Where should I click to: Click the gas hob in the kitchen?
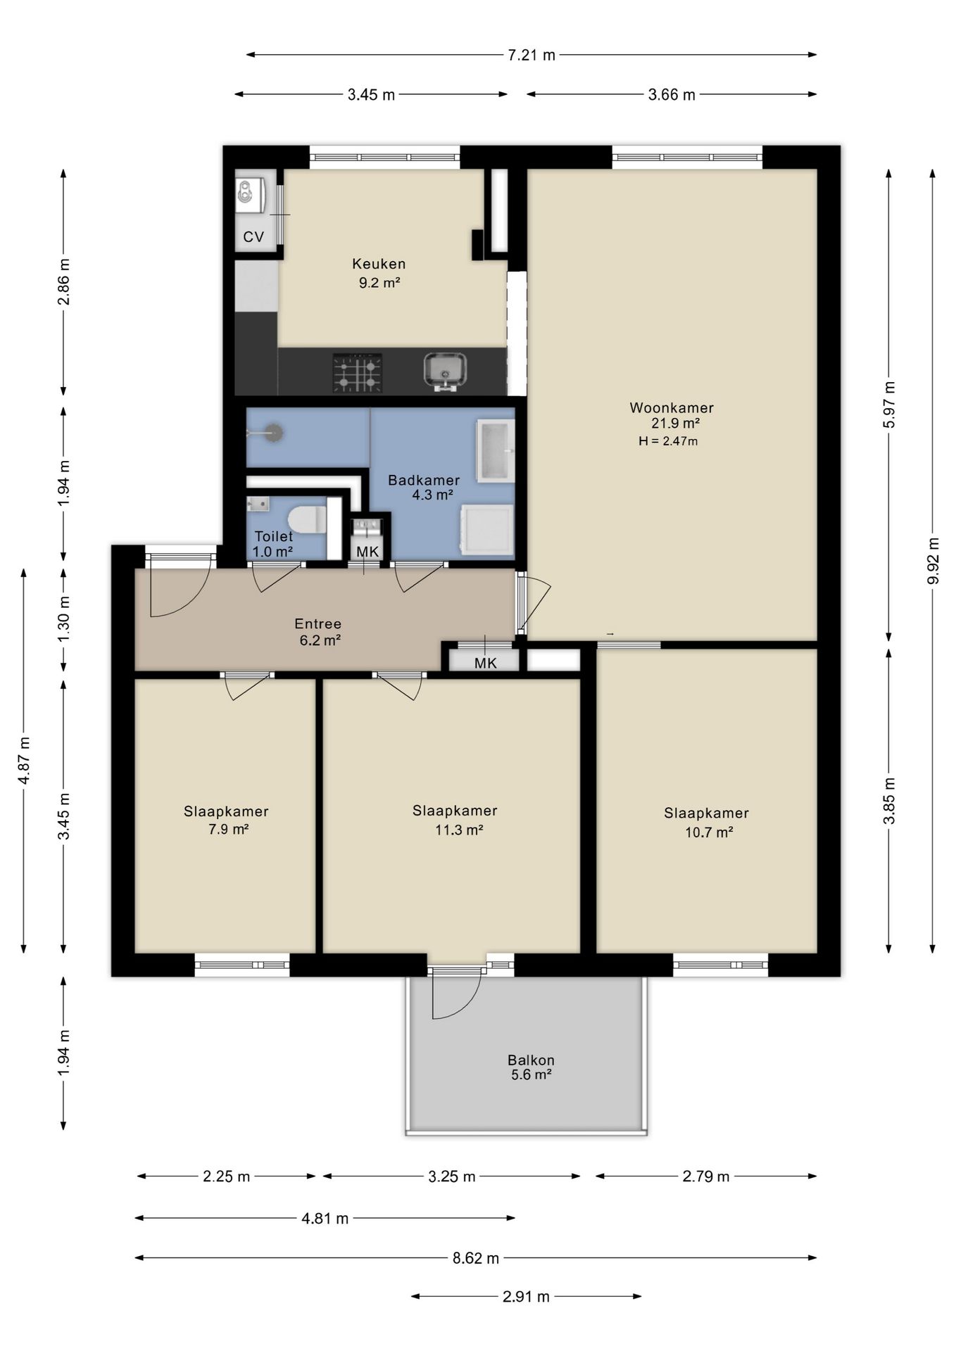(x=358, y=372)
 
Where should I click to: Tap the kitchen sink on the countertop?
(x=445, y=371)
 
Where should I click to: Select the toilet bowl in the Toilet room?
(x=307, y=519)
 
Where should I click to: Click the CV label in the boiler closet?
(x=253, y=237)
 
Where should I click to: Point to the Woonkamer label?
(x=672, y=407)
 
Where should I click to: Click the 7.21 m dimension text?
(x=532, y=55)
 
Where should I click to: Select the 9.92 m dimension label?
(x=933, y=560)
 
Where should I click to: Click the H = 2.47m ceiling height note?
(x=668, y=441)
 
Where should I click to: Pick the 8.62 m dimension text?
(x=476, y=1258)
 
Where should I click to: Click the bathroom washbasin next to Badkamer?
(x=496, y=451)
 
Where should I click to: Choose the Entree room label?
(x=318, y=623)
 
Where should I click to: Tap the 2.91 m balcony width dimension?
(x=526, y=1296)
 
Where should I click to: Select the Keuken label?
(x=379, y=264)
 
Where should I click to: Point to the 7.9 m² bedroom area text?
(x=228, y=829)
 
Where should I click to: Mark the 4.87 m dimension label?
(x=24, y=761)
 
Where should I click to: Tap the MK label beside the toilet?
(x=367, y=552)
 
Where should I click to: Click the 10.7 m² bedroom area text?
(x=709, y=832)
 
